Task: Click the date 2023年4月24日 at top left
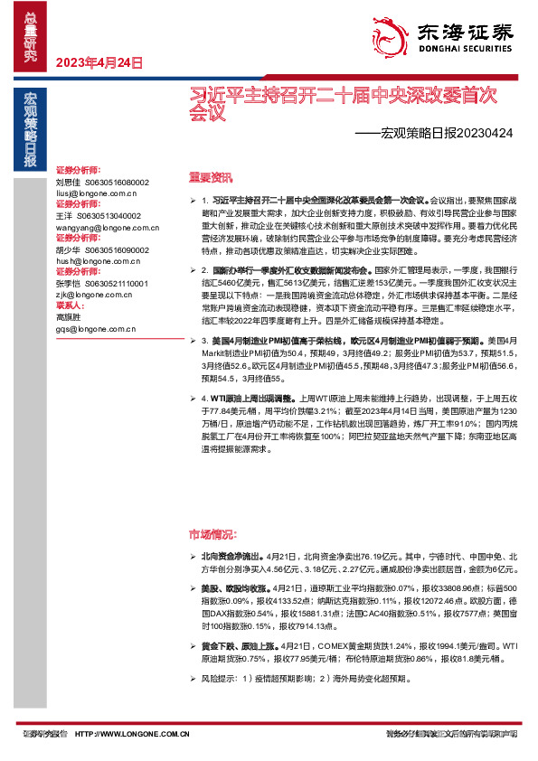point(100,62)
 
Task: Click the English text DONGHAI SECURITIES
point(465,50)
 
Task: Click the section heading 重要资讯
point(208,177)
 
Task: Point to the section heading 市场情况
point(208,534)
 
